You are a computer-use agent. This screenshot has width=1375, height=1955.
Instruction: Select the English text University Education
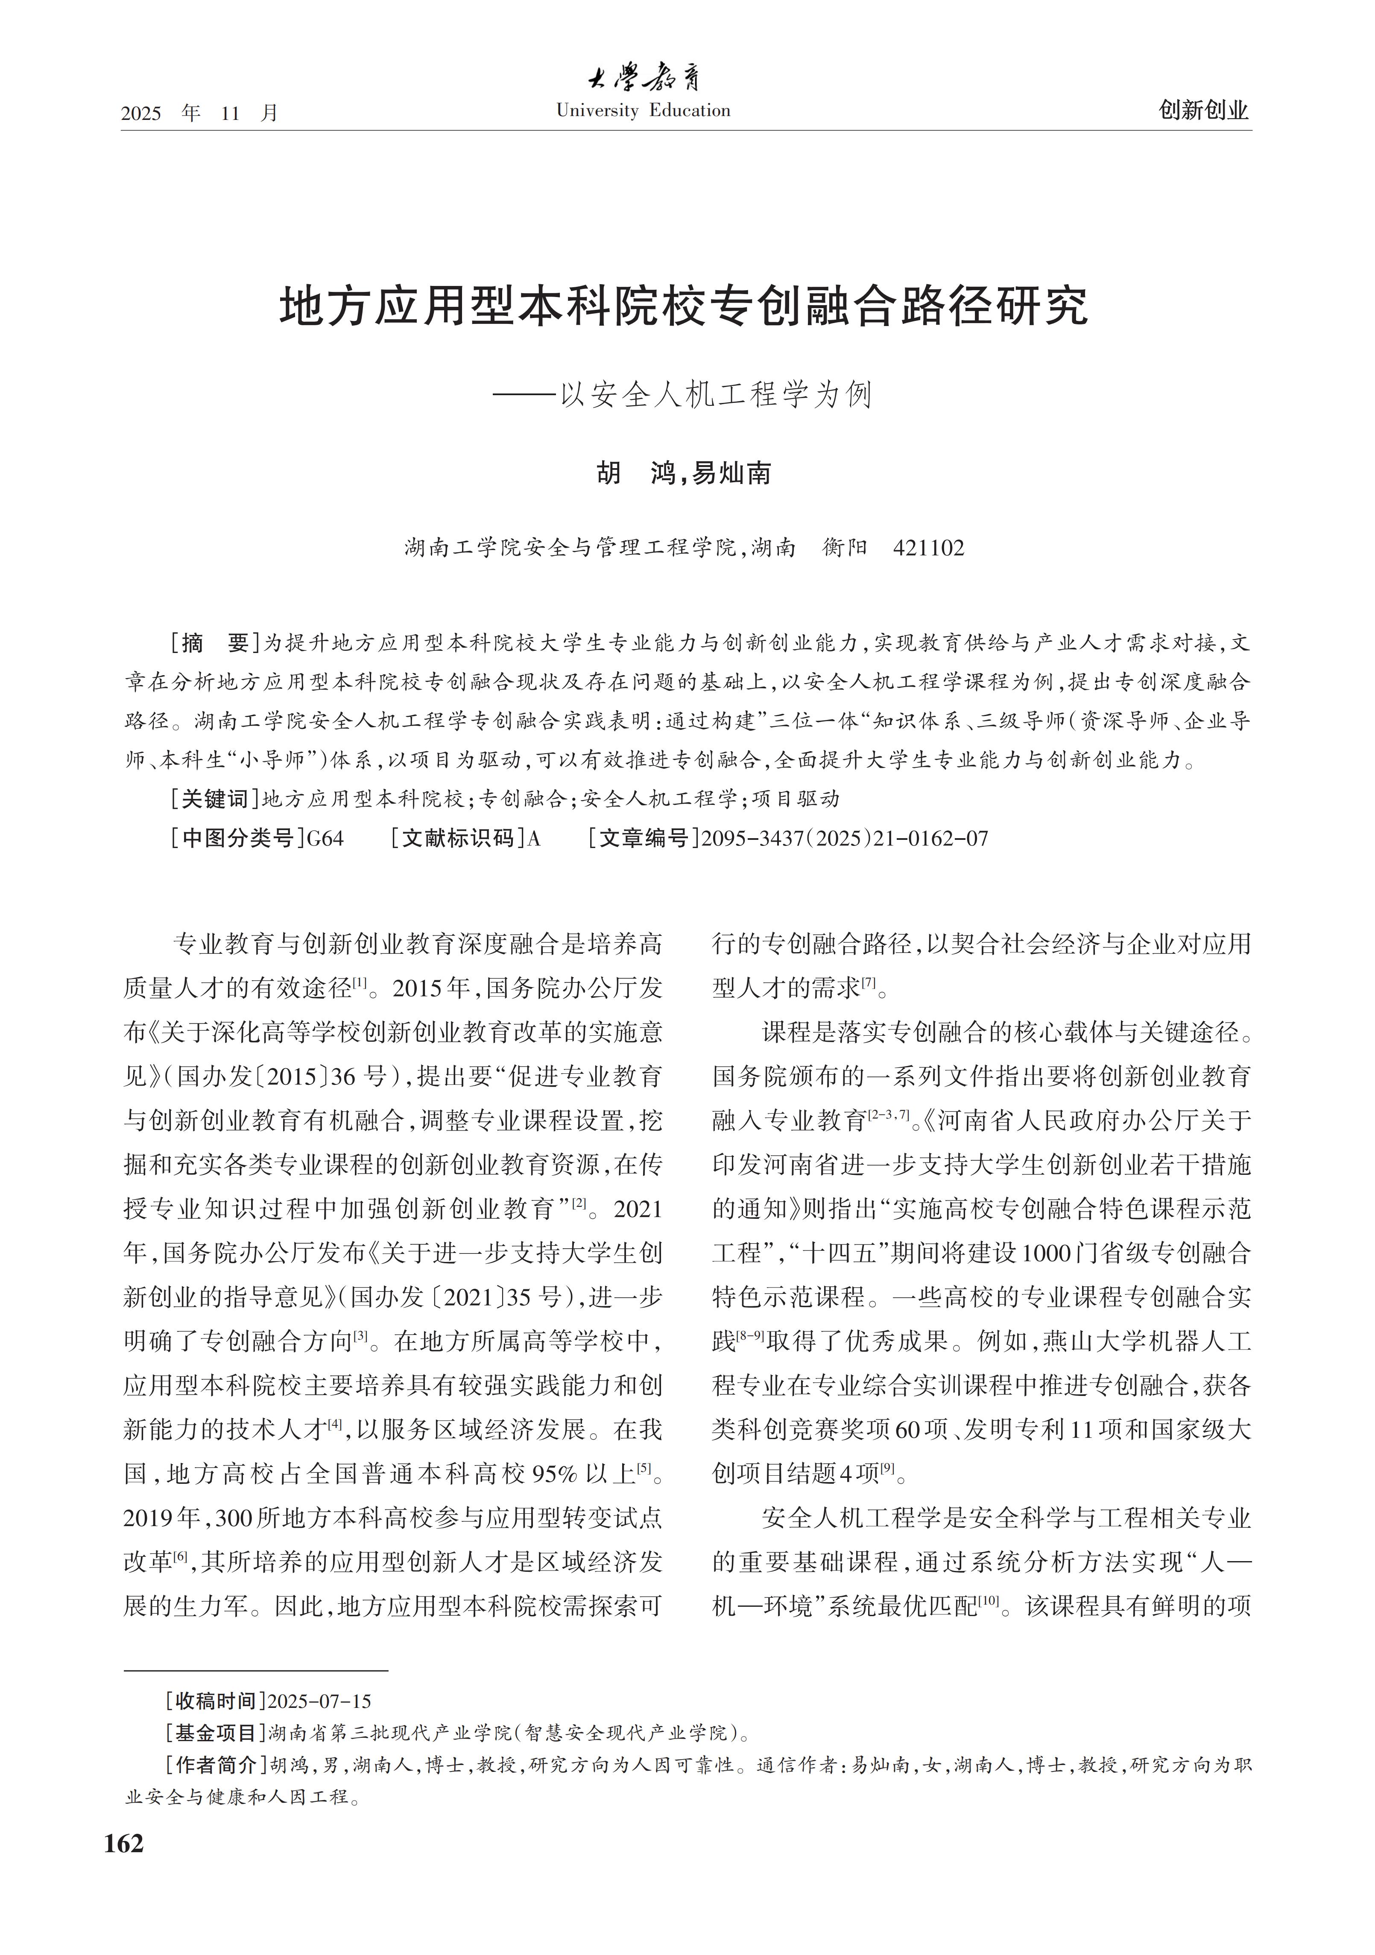pos(643,111)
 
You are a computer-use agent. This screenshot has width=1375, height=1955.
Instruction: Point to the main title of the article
pos(684,307)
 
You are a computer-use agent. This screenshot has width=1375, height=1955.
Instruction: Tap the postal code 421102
pos(929,548)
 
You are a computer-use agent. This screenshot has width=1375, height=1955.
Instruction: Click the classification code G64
pos(325,839)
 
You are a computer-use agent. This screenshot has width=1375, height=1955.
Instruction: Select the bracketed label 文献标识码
pos(458,839)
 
